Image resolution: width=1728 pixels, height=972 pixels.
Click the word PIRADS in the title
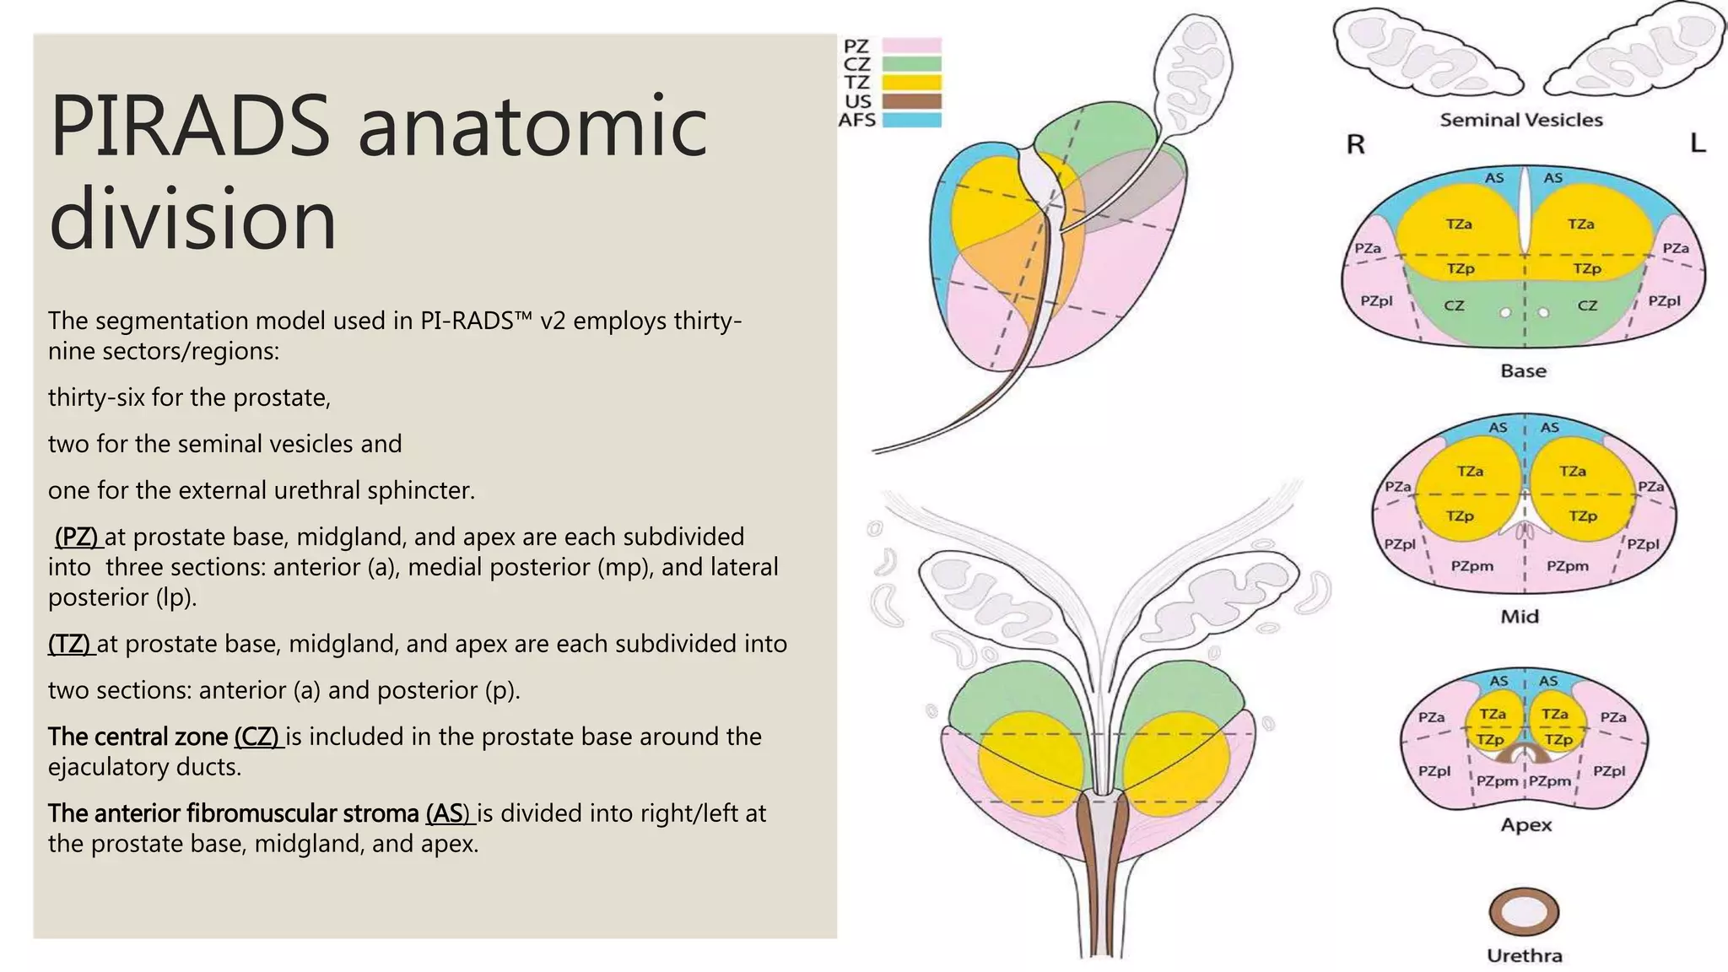coord(190,127)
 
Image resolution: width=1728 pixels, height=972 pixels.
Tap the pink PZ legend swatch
coord(911,46)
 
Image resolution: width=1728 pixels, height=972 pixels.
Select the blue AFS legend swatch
coord(911,120)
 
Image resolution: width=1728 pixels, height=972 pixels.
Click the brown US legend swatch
coord(911,101)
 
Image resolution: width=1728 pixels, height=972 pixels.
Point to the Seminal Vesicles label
coord(1520,120)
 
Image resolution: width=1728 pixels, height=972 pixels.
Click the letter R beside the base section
coord(1355,145)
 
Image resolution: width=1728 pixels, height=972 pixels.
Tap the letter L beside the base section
coord(1698,143)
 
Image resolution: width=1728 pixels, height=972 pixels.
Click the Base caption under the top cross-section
coord(1523,370)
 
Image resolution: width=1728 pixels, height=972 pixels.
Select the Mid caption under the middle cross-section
coord(1520,617)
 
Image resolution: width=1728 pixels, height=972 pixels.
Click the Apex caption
coord(1525,824)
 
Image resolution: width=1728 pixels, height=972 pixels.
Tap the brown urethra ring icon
coord(1524,912)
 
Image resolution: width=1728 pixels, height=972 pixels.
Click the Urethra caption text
coord(1524,956)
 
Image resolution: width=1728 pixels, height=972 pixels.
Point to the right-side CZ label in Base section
coord(1587,305)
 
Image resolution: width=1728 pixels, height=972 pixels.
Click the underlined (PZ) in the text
coord(77,537)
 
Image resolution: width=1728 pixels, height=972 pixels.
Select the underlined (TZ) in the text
coord(70,644)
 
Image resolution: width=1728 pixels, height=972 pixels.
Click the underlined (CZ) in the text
coord(256,737)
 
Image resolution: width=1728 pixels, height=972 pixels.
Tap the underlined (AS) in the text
coord(448,813)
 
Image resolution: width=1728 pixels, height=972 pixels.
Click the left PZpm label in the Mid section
coord(1471,566)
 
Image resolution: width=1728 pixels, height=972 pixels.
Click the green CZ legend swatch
coord(911,64)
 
